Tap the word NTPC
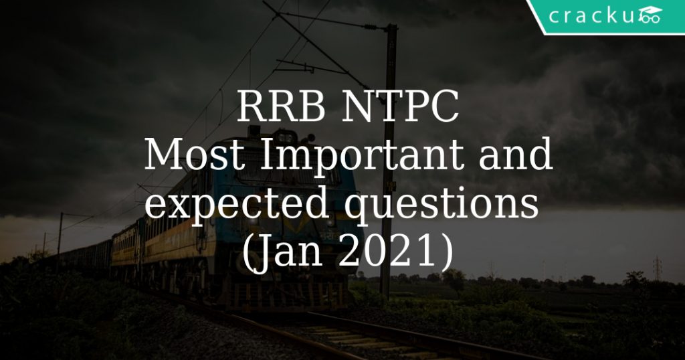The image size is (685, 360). coord(399,109)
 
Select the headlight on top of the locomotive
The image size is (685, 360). coord(254,130)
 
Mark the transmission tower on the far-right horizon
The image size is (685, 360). coord(658,268)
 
